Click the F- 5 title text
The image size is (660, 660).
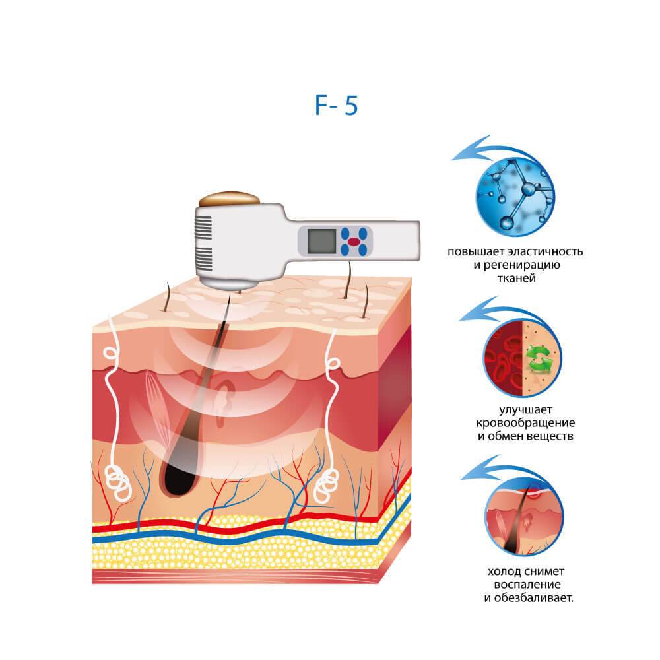(x=337, y=105)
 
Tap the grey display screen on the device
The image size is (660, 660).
(x=321, y=242)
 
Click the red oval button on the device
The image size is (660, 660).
(x=354, y=242)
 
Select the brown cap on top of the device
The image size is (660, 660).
(x=230, y=199)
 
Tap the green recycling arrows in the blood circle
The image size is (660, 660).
(x=539, y=358)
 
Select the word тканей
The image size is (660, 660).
(x=517, y=279)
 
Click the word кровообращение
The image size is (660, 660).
(x=525, y=423)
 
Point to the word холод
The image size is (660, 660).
(x=502, y=572)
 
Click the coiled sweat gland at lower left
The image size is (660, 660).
(x=118, y=482)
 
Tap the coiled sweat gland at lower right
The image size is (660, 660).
(x=327, y=484)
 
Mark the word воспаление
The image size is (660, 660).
(x=527, y=585)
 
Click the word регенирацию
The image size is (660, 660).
(x=522, y=265)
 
